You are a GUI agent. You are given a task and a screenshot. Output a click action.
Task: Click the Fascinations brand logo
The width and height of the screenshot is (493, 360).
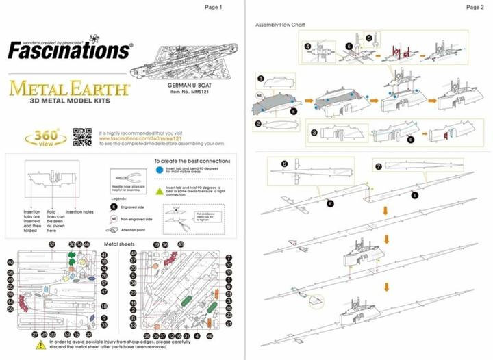68,49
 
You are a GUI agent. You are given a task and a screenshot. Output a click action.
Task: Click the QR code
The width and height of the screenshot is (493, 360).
82,134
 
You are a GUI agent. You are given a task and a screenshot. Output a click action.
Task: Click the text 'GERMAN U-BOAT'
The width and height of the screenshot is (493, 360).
184,86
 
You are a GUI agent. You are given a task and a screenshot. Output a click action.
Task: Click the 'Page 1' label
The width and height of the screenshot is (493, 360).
214,7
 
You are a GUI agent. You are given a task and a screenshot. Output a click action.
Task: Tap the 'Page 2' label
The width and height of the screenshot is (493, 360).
475,7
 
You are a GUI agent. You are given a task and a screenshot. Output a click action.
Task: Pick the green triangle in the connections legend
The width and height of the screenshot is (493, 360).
159,191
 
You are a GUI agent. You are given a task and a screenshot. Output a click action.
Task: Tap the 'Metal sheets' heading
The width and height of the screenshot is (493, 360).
119,244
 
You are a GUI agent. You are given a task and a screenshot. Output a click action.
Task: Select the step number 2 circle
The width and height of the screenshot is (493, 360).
260,124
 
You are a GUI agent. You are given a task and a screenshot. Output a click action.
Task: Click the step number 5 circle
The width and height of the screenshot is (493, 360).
368,38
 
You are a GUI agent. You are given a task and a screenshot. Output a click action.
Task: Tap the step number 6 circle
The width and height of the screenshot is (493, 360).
283,164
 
